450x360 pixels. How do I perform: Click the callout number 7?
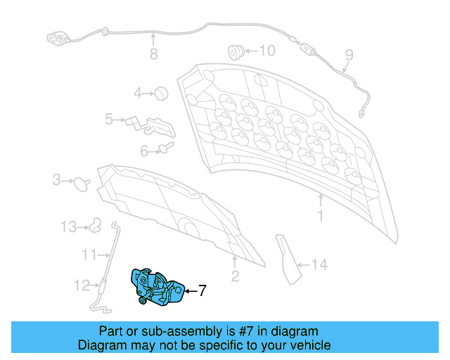coord(202,290)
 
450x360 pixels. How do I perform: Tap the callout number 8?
coord(153,55)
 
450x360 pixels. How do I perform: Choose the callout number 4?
coord(139,92)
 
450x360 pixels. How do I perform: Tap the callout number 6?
coord(143,150)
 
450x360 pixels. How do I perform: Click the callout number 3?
coord(57,181)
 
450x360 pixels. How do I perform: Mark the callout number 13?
coord(67,227)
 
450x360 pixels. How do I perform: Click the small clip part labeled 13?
coord(94,226)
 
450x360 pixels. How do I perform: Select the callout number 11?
coord(88,254)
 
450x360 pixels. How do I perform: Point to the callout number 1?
coord(320,216)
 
